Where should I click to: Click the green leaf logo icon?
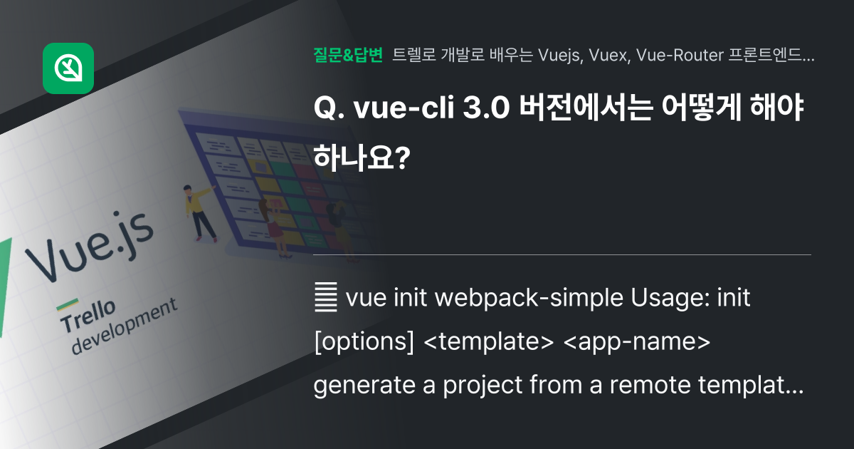coord(68,68)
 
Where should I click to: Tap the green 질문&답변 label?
coord(348,55)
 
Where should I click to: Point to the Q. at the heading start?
coord(325,111)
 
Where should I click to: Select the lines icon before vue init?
coord(325,299)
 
